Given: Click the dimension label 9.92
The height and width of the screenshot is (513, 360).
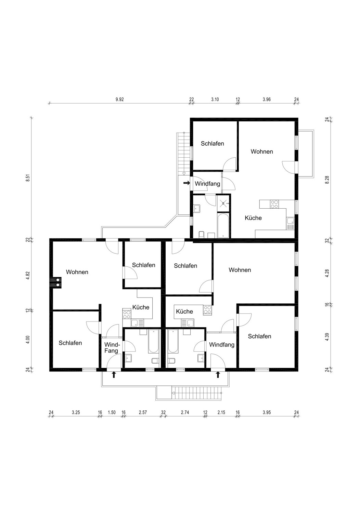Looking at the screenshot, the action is pos(119,100).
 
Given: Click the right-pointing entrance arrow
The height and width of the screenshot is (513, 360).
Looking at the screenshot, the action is pos(187,183).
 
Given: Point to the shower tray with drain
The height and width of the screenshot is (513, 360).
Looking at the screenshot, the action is pos(223,203).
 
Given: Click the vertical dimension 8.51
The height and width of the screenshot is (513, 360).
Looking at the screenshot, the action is pos(28,177).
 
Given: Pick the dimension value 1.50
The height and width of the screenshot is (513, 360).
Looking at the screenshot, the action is pos(112,412).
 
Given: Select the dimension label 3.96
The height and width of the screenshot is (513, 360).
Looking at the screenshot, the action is pos(267,100).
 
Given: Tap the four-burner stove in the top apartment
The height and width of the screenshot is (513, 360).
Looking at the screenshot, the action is pos(274,204).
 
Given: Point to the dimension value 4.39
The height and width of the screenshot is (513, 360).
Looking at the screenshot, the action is pos(327,337).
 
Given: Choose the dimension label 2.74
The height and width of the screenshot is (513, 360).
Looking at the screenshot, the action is pos(185,412).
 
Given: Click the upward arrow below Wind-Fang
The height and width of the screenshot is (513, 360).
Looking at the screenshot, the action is pos(114,375).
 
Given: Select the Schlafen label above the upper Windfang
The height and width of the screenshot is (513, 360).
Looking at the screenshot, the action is pos(213,144).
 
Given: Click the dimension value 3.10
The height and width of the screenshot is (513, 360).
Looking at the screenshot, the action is pos(215,100).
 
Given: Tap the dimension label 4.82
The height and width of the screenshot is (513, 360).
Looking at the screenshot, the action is pos(28,275).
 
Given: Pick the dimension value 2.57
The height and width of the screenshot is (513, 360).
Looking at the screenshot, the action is pos(143,412).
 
